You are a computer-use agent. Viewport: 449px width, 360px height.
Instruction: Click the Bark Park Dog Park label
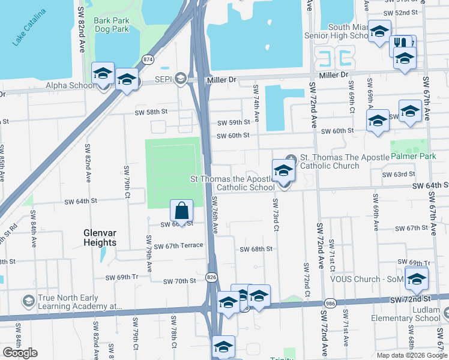click(x=112, y=25)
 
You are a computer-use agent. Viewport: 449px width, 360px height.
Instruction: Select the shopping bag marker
click(x=181, y=211)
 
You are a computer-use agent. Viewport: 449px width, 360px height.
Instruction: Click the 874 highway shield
click(x=148, y=59)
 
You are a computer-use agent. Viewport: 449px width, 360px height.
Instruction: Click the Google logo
click(x=20, y=352)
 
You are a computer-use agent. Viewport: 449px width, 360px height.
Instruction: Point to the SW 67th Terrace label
click(x=179, y=246)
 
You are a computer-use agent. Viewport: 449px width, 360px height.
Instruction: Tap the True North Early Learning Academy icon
click(x=28, y=301)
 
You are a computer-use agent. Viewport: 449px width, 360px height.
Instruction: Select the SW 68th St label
click(x=256, y=249)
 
